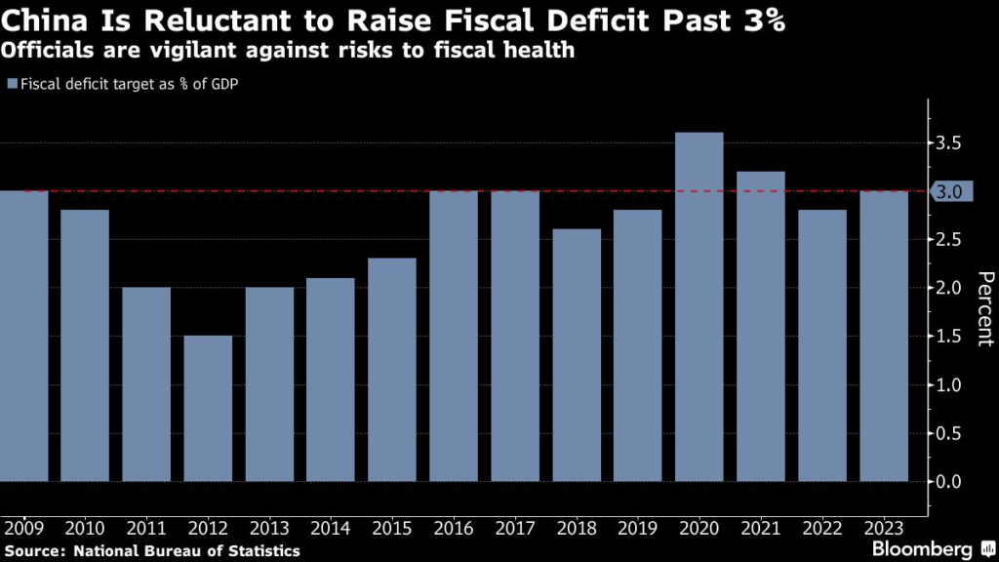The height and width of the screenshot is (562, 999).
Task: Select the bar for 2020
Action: click(x=699, y=306)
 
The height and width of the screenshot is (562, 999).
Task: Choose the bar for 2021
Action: click(x=760, y=326)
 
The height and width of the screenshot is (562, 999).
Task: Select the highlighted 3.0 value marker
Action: click(x=949, y=191)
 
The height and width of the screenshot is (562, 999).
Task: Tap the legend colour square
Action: click(x=12, y=84)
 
